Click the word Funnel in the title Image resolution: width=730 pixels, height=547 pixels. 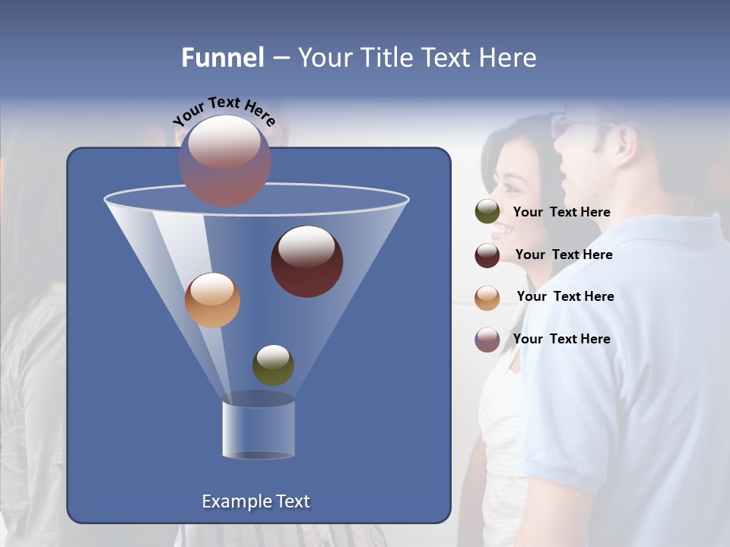pos(222,58)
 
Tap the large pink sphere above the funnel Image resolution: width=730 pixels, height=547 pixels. pos(224,160)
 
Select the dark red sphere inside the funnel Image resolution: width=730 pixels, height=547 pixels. pos(306,261)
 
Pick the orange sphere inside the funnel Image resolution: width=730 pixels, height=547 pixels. pos(212,300)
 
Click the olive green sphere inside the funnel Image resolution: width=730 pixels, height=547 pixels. pos(273,365)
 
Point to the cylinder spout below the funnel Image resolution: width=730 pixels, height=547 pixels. pos(259,428)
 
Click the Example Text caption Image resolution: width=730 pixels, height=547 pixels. pos(255,501)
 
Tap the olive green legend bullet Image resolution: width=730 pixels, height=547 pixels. pos(487,212)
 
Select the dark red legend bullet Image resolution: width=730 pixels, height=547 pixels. pos(487,255)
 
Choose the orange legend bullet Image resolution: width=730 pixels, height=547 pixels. pos(487,298)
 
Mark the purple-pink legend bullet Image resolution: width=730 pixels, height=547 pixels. pos(487,340)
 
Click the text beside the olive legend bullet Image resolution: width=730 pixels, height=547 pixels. pos(561,212)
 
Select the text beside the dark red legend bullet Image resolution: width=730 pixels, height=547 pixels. pos(563,255)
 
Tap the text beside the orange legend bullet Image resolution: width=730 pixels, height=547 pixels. pos(565,296)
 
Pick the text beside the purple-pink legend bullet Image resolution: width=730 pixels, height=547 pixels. pos(561,339)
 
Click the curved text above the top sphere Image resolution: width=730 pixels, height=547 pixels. pos(224,111)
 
